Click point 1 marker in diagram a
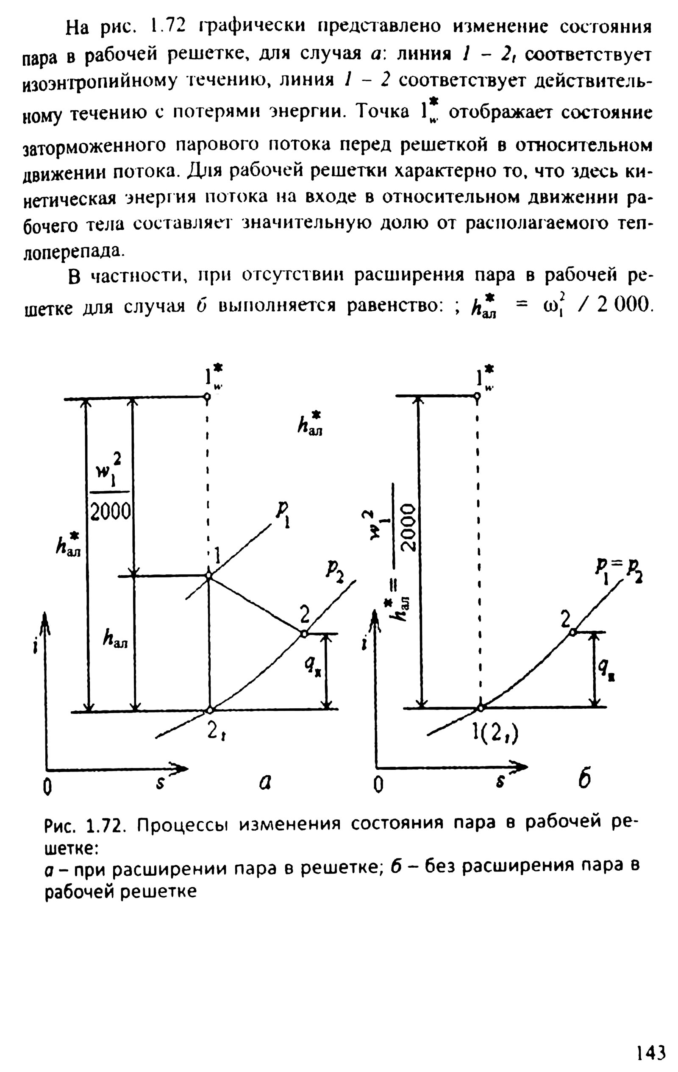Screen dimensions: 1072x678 point(208,576)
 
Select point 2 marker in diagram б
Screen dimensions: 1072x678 point(573,632)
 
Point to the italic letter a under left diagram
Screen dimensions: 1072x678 point(266,782)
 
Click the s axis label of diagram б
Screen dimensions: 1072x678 point(500,784)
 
